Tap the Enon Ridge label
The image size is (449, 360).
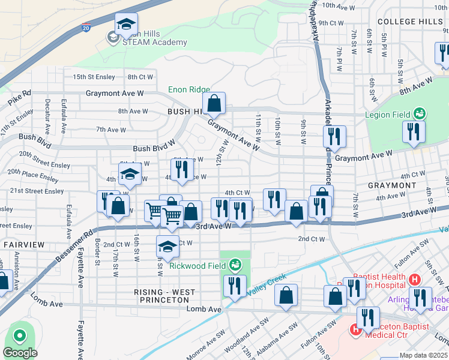pyautogui.click(x=189, y=89)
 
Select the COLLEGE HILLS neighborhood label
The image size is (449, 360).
pyautogui.click(x=410, y=22)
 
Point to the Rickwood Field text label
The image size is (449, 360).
pyautogui.click(x=197, y=265)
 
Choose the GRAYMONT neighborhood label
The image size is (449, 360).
pyautogui.click(x=391, y=185)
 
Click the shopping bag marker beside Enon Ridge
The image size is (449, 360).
pyautogui.click(x=214, y=104)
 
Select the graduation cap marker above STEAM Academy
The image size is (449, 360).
pyautogui.click(x=126, y=24)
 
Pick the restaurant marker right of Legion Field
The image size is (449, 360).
pyautogui.click(x=414, y=131)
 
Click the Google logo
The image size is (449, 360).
pyautogui.click(x=20, y=353)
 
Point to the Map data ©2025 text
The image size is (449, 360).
pyautogui.click(x=423, y=355)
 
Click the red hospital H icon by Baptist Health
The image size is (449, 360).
pyautogui.click(x=414, y=279)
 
